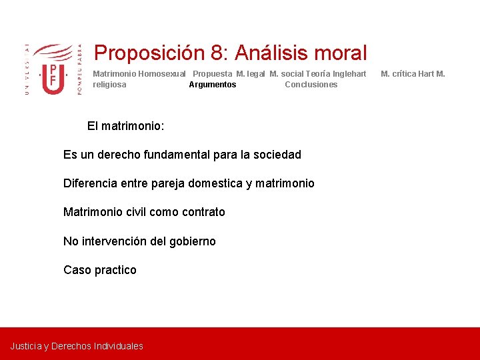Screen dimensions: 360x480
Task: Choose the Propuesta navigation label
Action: tap(212, 74)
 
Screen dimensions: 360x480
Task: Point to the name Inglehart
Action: tap(344, 74)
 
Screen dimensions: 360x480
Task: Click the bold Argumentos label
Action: tap(212, 85)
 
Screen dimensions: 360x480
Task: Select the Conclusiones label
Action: tap(311, 85)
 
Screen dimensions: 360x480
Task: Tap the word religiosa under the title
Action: tap(109, 85)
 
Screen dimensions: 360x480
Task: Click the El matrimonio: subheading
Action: tap(126, 126)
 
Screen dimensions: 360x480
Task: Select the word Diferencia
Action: tap(90, 183)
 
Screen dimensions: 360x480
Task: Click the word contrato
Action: tap(202, 212)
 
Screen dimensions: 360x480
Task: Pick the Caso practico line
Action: tap(99, 270)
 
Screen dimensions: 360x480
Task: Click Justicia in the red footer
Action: tap(25, 346)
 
